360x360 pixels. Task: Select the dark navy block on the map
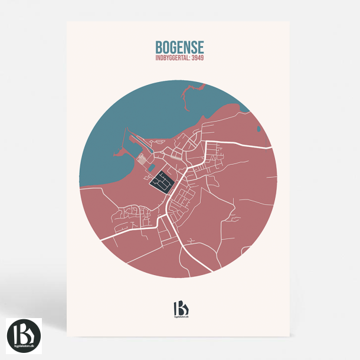tap(161, 181)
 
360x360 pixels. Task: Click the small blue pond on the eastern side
tap(258, 127)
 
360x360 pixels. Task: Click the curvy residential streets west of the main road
tap(133, 214)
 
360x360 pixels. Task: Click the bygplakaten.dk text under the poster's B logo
tap(179, 318)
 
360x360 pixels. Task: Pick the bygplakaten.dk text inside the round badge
tap(24, 343)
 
